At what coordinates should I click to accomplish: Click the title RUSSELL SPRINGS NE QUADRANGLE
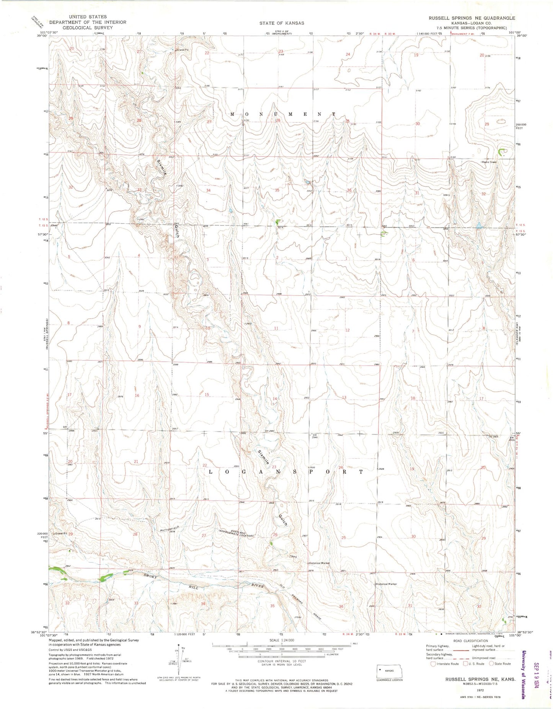point(471,18)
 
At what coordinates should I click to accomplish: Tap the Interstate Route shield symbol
point(433,663)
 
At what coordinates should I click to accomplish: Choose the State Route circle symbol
point(492,663)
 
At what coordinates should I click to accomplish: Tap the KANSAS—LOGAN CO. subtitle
point(472,23)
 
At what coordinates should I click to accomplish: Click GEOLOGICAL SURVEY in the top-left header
point(88,28)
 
